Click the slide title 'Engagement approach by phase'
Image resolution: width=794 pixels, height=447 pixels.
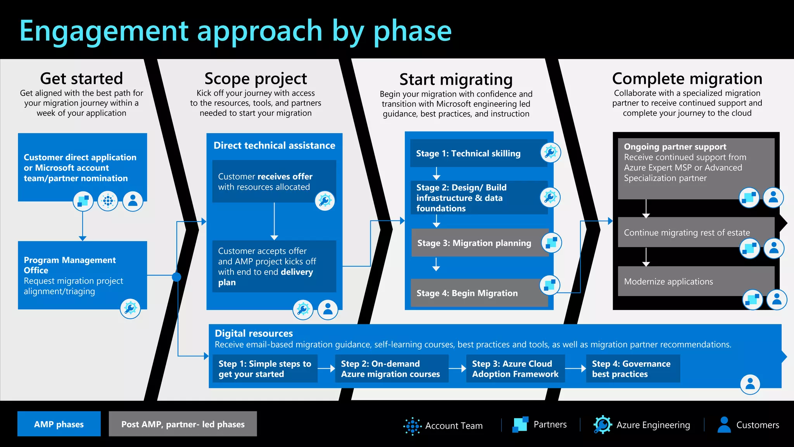tap(235, 31)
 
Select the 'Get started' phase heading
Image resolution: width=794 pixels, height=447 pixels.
tap(81, 79)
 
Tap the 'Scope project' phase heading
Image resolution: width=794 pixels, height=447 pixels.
tap(255, 79)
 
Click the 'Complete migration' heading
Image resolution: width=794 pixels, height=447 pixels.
tap(687, 79)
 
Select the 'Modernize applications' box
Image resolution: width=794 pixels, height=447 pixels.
tap(682, 281)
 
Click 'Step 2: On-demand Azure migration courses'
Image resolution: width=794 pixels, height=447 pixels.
tap(391, 369)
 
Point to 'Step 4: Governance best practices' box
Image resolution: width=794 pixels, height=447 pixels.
tap(632, 369)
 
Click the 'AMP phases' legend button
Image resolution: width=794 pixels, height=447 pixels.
tap(59, 424)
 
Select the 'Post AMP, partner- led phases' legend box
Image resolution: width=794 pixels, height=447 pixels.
tap(183, 424)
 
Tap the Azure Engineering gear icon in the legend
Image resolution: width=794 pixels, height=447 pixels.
tap(602, 425)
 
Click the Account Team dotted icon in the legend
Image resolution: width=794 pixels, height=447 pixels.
tap(412, 426)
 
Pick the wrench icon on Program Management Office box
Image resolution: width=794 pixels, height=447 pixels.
tap(130, 309)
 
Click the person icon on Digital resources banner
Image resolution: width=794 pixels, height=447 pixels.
tap(750, 384)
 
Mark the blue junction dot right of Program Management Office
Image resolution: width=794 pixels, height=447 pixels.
tap(176, 277)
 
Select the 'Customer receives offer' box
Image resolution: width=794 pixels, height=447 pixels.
tap(274, 182)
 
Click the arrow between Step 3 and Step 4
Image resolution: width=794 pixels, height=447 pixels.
tap(575, 369)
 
